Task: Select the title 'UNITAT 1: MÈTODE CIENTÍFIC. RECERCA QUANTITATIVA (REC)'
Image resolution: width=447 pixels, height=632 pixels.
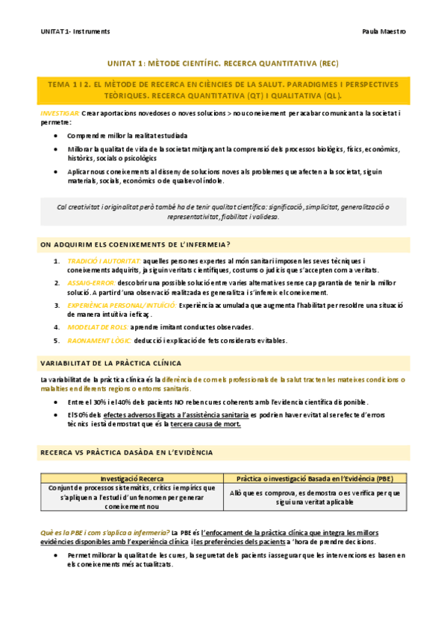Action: (x=223, y=64)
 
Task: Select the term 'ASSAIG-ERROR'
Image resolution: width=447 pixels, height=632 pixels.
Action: (x=90, y=282)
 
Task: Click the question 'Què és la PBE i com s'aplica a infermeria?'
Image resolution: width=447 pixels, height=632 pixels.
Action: (x=104, y=533)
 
